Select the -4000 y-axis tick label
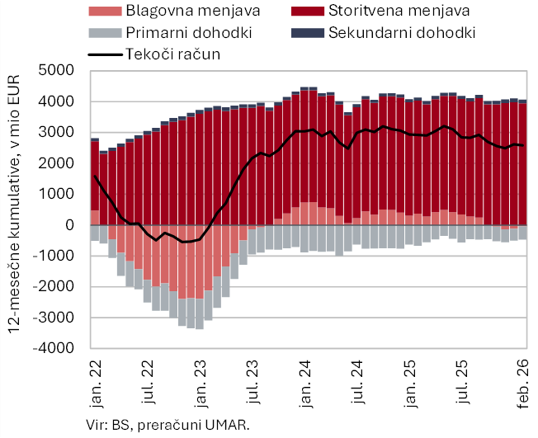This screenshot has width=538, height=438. pyautogui.click(x=54, y=349)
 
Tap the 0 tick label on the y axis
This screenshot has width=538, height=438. pyautogui.click(x=69, y=225)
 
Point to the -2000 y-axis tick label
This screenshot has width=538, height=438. pyautogui.click(x=54, y=287)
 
